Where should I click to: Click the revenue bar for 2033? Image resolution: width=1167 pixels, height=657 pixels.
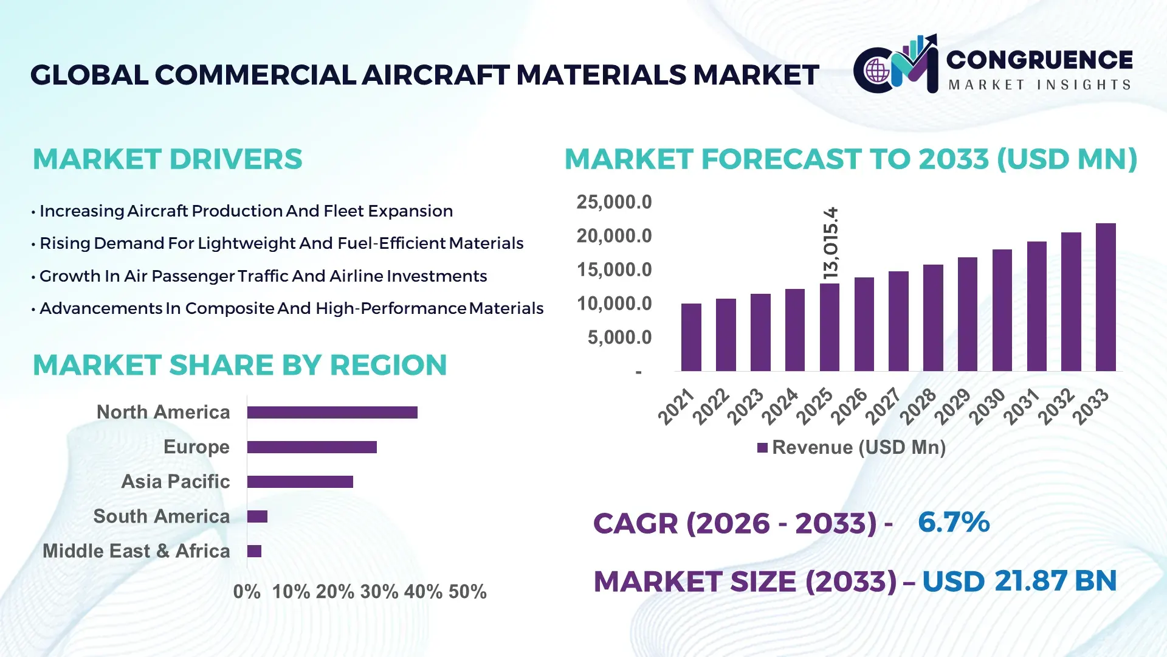pyautogui.click(x=1106, y=297)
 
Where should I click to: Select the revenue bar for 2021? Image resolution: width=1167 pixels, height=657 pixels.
pyautogui.click(x=691, y=338)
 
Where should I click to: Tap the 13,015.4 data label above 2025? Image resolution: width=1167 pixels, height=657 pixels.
pyautogui.click(x=830, y=243)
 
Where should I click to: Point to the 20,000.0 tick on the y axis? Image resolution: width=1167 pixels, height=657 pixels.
pyautogui.click(x=614, y=236)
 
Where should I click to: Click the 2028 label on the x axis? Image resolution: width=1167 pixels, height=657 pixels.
pyautogui.click(x=918, y=406)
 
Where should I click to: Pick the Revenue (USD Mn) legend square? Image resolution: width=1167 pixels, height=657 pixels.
pyautogui.click(x=762, y=448)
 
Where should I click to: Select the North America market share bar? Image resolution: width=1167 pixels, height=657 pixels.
pyautogui.click(x=332, y=412)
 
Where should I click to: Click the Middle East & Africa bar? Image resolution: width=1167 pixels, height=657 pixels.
pyautogui.click(x=254, y=551)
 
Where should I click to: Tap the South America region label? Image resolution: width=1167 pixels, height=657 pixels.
pyautogui.click(x=161, y=516)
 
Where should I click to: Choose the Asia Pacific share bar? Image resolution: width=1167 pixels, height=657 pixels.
pyautogui.click(x=300, y=482)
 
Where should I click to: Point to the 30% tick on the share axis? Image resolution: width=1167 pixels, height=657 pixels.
pyautogui.click(x=379, y=592)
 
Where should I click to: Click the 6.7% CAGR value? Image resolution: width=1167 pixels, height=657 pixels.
pyautogui.click(x=953, y=523)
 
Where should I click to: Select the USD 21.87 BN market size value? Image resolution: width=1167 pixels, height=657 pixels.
pyautogui.click(x=1019, y=581)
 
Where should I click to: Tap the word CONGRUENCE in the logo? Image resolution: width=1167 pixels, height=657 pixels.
pyautogui.click(x=1039, y=60)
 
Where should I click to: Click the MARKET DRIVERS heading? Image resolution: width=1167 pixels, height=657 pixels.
pyautogui.click(x=167, y=159)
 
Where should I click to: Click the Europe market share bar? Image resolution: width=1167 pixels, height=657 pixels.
pyautogui.click(x=312, y=447)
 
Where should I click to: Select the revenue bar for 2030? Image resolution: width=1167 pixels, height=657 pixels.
pyautogui.click(x=1002, y=310)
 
